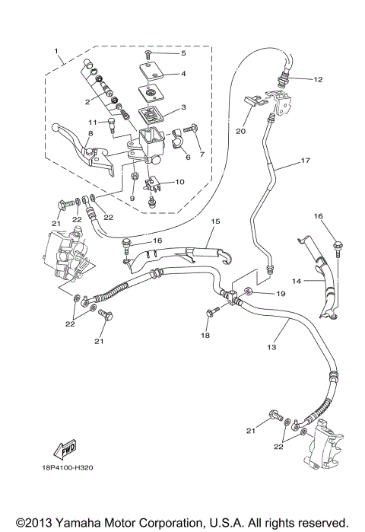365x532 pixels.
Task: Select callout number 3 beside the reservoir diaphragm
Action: (182, 108)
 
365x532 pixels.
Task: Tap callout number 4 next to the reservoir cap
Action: (182, 74)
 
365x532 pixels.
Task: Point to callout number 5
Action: (182, 54)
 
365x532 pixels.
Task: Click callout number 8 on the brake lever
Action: (90, 133)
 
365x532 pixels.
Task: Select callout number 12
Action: (318, 79)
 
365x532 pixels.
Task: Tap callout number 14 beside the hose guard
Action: (300, 281)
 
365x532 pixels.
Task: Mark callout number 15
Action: (215, 221)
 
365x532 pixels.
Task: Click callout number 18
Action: (204, 334)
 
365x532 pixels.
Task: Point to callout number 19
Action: (280, 292)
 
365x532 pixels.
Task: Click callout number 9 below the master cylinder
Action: (132, 198)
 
